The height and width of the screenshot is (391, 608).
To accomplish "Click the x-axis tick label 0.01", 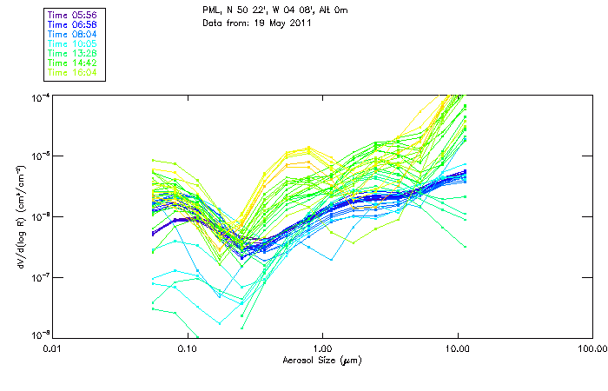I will click(53, 348).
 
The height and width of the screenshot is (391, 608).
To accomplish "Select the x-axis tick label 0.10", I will click(188, 348).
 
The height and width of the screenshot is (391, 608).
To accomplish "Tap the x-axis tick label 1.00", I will click(322, 348).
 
